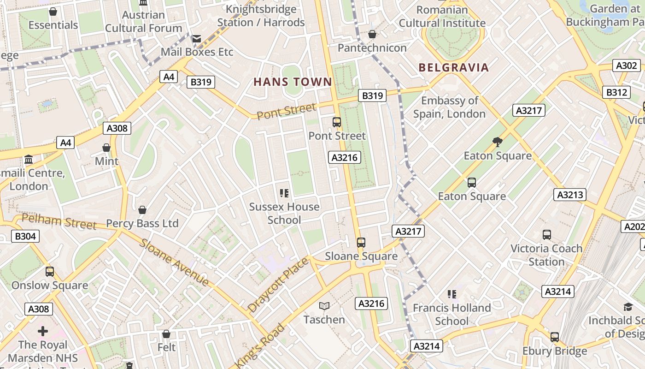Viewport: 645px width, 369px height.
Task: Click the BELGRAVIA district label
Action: pyautogui.click(x=453, y=68)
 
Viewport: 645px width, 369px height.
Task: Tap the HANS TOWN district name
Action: pyautogui.click(x=293, y=82)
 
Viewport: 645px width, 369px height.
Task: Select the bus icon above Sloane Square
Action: pyautogui.click(x=361, y=242)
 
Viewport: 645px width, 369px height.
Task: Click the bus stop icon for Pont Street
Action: pyautogui.click(x=337, y=122)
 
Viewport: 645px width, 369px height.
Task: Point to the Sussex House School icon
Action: pyautogui.click(x=284, y=193)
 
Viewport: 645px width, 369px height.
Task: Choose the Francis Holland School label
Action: pyautogui.click(x=451, y=314)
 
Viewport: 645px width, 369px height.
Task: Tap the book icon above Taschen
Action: pyautogui.click(x=324, y=306)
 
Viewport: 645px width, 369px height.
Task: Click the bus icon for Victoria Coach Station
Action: pyautogui.click(x=547, y=235)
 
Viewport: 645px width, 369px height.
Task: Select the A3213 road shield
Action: pyautogui.click(x=570, y=195)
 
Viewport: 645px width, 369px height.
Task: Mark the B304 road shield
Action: pyautogui.click(x=25, y=237)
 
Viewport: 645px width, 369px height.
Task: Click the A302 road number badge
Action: pyautogui.click(x=627, y=65)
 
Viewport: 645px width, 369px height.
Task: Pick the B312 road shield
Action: pyautogui.click(x=616, y=92)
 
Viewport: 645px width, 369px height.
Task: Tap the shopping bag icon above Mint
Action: pyautogui.click(x=106, y=148)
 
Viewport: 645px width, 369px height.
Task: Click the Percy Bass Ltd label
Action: pyautogui.click(x=142, y=223)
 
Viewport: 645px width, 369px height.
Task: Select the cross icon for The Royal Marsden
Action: pyautogui.click(x=43, y=331)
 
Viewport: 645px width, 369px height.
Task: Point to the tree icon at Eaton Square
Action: pyautogui.click(x=498, y=142)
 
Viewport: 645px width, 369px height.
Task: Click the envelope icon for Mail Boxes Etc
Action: pyautogui.click(x=197, y=39)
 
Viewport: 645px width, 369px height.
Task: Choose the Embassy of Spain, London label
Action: pyautogui.click(x=449, y=107)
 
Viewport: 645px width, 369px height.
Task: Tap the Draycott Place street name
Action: pyautogui.click(x=278, y=285)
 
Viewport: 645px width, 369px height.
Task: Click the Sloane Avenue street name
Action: pyautogui.click(x=175, y=262)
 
